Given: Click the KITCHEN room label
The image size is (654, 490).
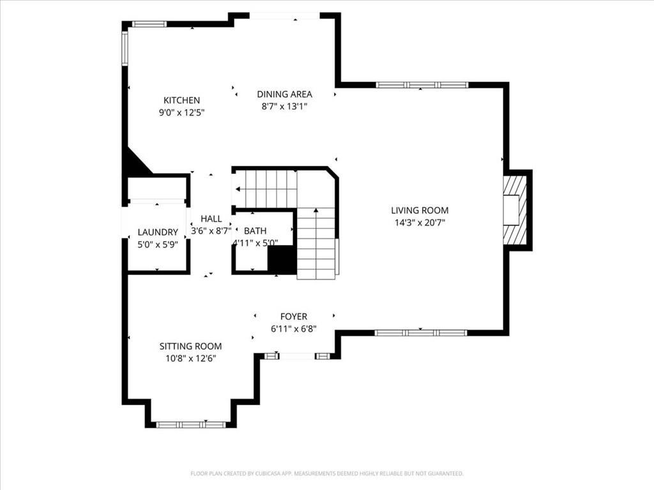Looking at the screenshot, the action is click(x=181, y=100).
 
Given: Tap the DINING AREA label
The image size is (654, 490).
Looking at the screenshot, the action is click(x=284, y=94).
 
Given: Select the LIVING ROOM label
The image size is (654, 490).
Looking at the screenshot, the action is click(x=420, y=211).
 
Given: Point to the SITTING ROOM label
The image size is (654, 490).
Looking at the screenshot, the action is click(x=190, y=346).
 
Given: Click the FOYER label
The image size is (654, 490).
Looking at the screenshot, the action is click(x=294, y=316).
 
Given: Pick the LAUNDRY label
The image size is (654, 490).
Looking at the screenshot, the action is click(x=158, y=232).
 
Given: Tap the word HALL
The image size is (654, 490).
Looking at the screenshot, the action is click(x=211, y=219).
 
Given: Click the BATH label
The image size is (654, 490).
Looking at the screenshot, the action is click(x=255, y=231).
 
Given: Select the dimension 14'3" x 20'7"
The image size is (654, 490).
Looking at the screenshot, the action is click(x=420, y=223).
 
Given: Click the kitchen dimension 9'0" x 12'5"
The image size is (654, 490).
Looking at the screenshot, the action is click(x=181, y=112).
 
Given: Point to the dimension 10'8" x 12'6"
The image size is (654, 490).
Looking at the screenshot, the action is click(x=190, y=359).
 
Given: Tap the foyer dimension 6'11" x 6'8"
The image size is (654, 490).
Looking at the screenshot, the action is click(x=294, y=329).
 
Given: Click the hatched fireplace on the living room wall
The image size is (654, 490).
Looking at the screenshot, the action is click(x=515, y=211).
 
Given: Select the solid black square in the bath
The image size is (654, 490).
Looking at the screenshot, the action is click(x=282, y=260).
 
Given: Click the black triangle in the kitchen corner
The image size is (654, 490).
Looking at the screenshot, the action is click(x=136, y=160).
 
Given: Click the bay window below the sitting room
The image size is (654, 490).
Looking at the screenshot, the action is click(x=190, y=424).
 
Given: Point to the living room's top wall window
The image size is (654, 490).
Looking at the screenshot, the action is click(x=422, y=85).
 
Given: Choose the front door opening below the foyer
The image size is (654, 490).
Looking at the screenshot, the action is click(x=297, y=356).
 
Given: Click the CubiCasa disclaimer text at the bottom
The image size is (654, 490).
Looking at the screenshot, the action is click(x=327, y=473).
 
